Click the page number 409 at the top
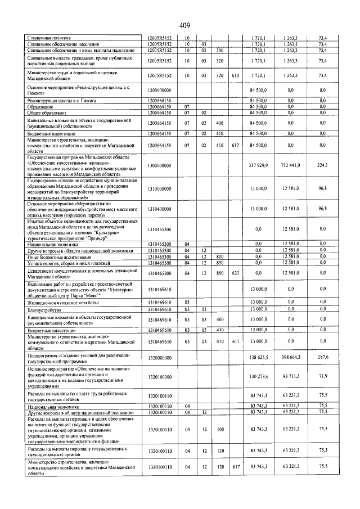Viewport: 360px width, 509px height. pyautogui.click(x=185, y=25)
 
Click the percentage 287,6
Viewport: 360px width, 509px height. pyautogui.click(x=322, y=357)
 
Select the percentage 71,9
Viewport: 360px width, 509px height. pyautogui.click(x=322, y=377)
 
